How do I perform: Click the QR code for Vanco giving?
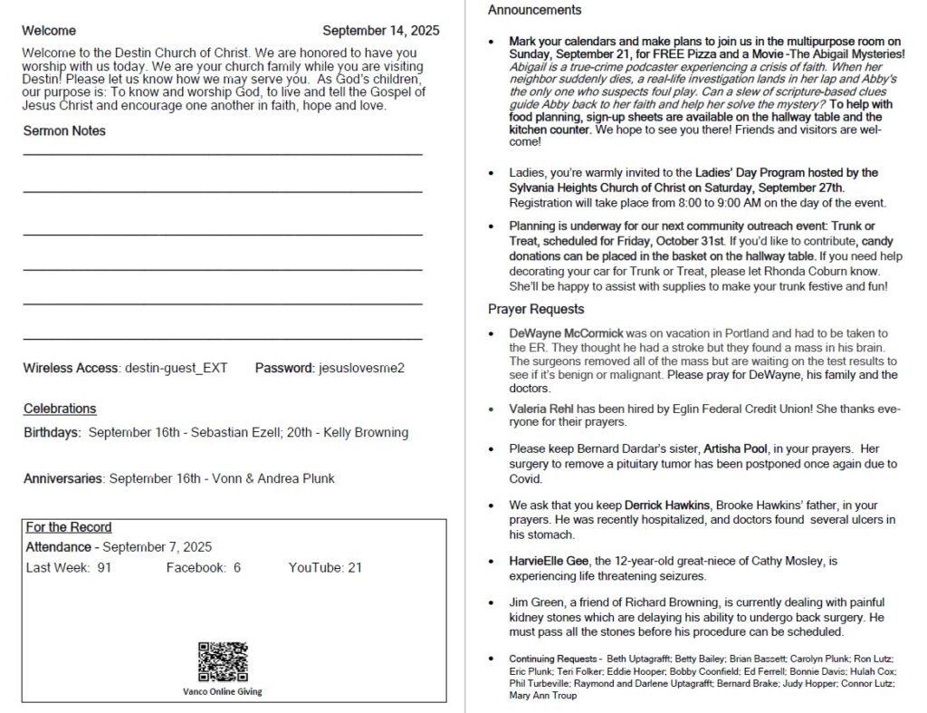(223, 661)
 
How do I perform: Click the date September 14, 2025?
(380, 31)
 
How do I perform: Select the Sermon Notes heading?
(64, 130)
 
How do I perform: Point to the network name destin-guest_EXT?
(176, 368)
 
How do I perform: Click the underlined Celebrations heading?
(60, 409)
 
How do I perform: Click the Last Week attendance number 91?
(104, 567)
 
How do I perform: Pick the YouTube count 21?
(355, 567)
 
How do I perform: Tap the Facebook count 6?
(237, 567)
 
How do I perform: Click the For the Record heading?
(69, 527)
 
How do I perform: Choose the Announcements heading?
(534, 11)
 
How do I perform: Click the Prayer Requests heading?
(536, 310)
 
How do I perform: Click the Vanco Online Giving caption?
(223, 691)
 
